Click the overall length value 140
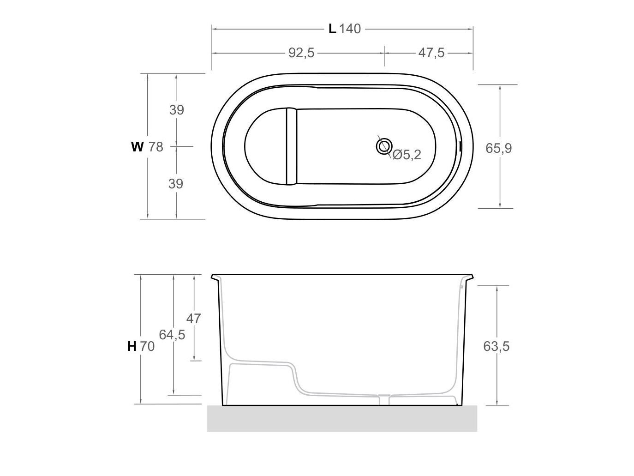click(350, 29)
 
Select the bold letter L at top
click(332, 29)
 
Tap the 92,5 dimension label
click(301, 53)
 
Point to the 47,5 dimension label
click(431, 53)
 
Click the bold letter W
click(137, 147)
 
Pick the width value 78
click(156, 147)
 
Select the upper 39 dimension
click(176, 110)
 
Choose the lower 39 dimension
click(176, 184)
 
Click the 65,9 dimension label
click(498, 148)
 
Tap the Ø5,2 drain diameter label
click(407, 155)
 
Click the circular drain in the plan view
click(383, 146)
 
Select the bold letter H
click(132, 346)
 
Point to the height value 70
click(147, 346)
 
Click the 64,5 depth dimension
click(172, 335)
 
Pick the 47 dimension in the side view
click(194, 319)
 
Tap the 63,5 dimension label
click(496, 346)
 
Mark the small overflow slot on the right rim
click(461, 146)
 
